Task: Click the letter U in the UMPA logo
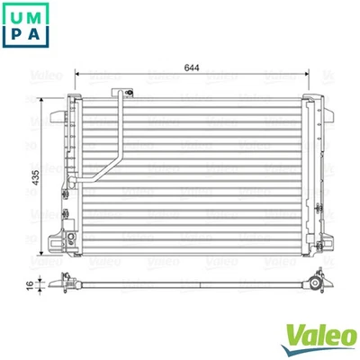[x=16, y=17]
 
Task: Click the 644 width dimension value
[x=191, y=67]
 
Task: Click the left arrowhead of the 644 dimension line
[x=78, y=74]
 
